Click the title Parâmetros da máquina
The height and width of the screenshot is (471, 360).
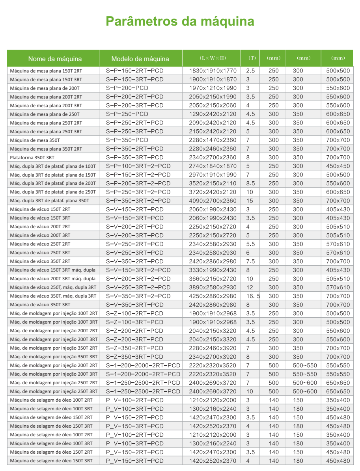tap(180, 21)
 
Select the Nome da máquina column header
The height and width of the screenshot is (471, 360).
tap(55, 59)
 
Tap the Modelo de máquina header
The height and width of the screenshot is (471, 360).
tap(140, 59)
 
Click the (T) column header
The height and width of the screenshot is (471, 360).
tap(252, 58)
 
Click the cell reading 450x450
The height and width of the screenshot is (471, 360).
tap(338, 166)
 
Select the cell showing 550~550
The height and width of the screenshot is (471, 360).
tap(305, 374)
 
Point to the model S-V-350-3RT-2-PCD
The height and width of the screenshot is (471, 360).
tap(138, 296)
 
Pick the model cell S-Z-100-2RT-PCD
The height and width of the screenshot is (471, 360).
tap(135, 314)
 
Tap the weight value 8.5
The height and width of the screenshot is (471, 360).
tap(251, 184)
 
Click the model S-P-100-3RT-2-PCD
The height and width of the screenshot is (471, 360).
tap(138, 166)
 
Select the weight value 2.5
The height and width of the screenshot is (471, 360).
tap(251, 71)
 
